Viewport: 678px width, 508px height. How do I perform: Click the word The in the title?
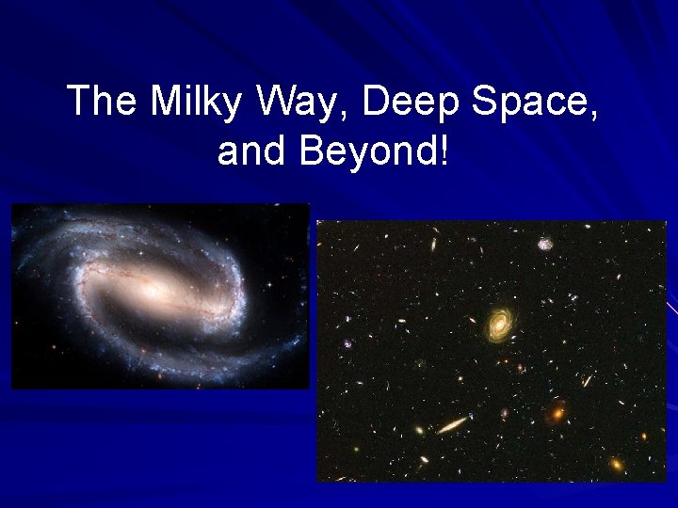point(103,102)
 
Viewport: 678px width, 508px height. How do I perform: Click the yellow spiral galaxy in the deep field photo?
point(499,324)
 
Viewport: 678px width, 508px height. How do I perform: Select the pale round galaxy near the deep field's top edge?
point(544,244)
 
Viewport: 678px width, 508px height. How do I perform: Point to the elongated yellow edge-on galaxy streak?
point(453,425)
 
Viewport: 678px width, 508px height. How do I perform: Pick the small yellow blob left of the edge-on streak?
point(419,431)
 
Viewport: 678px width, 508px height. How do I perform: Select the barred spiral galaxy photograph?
point(160,295)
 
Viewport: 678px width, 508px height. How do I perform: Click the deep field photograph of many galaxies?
point(491,351)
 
